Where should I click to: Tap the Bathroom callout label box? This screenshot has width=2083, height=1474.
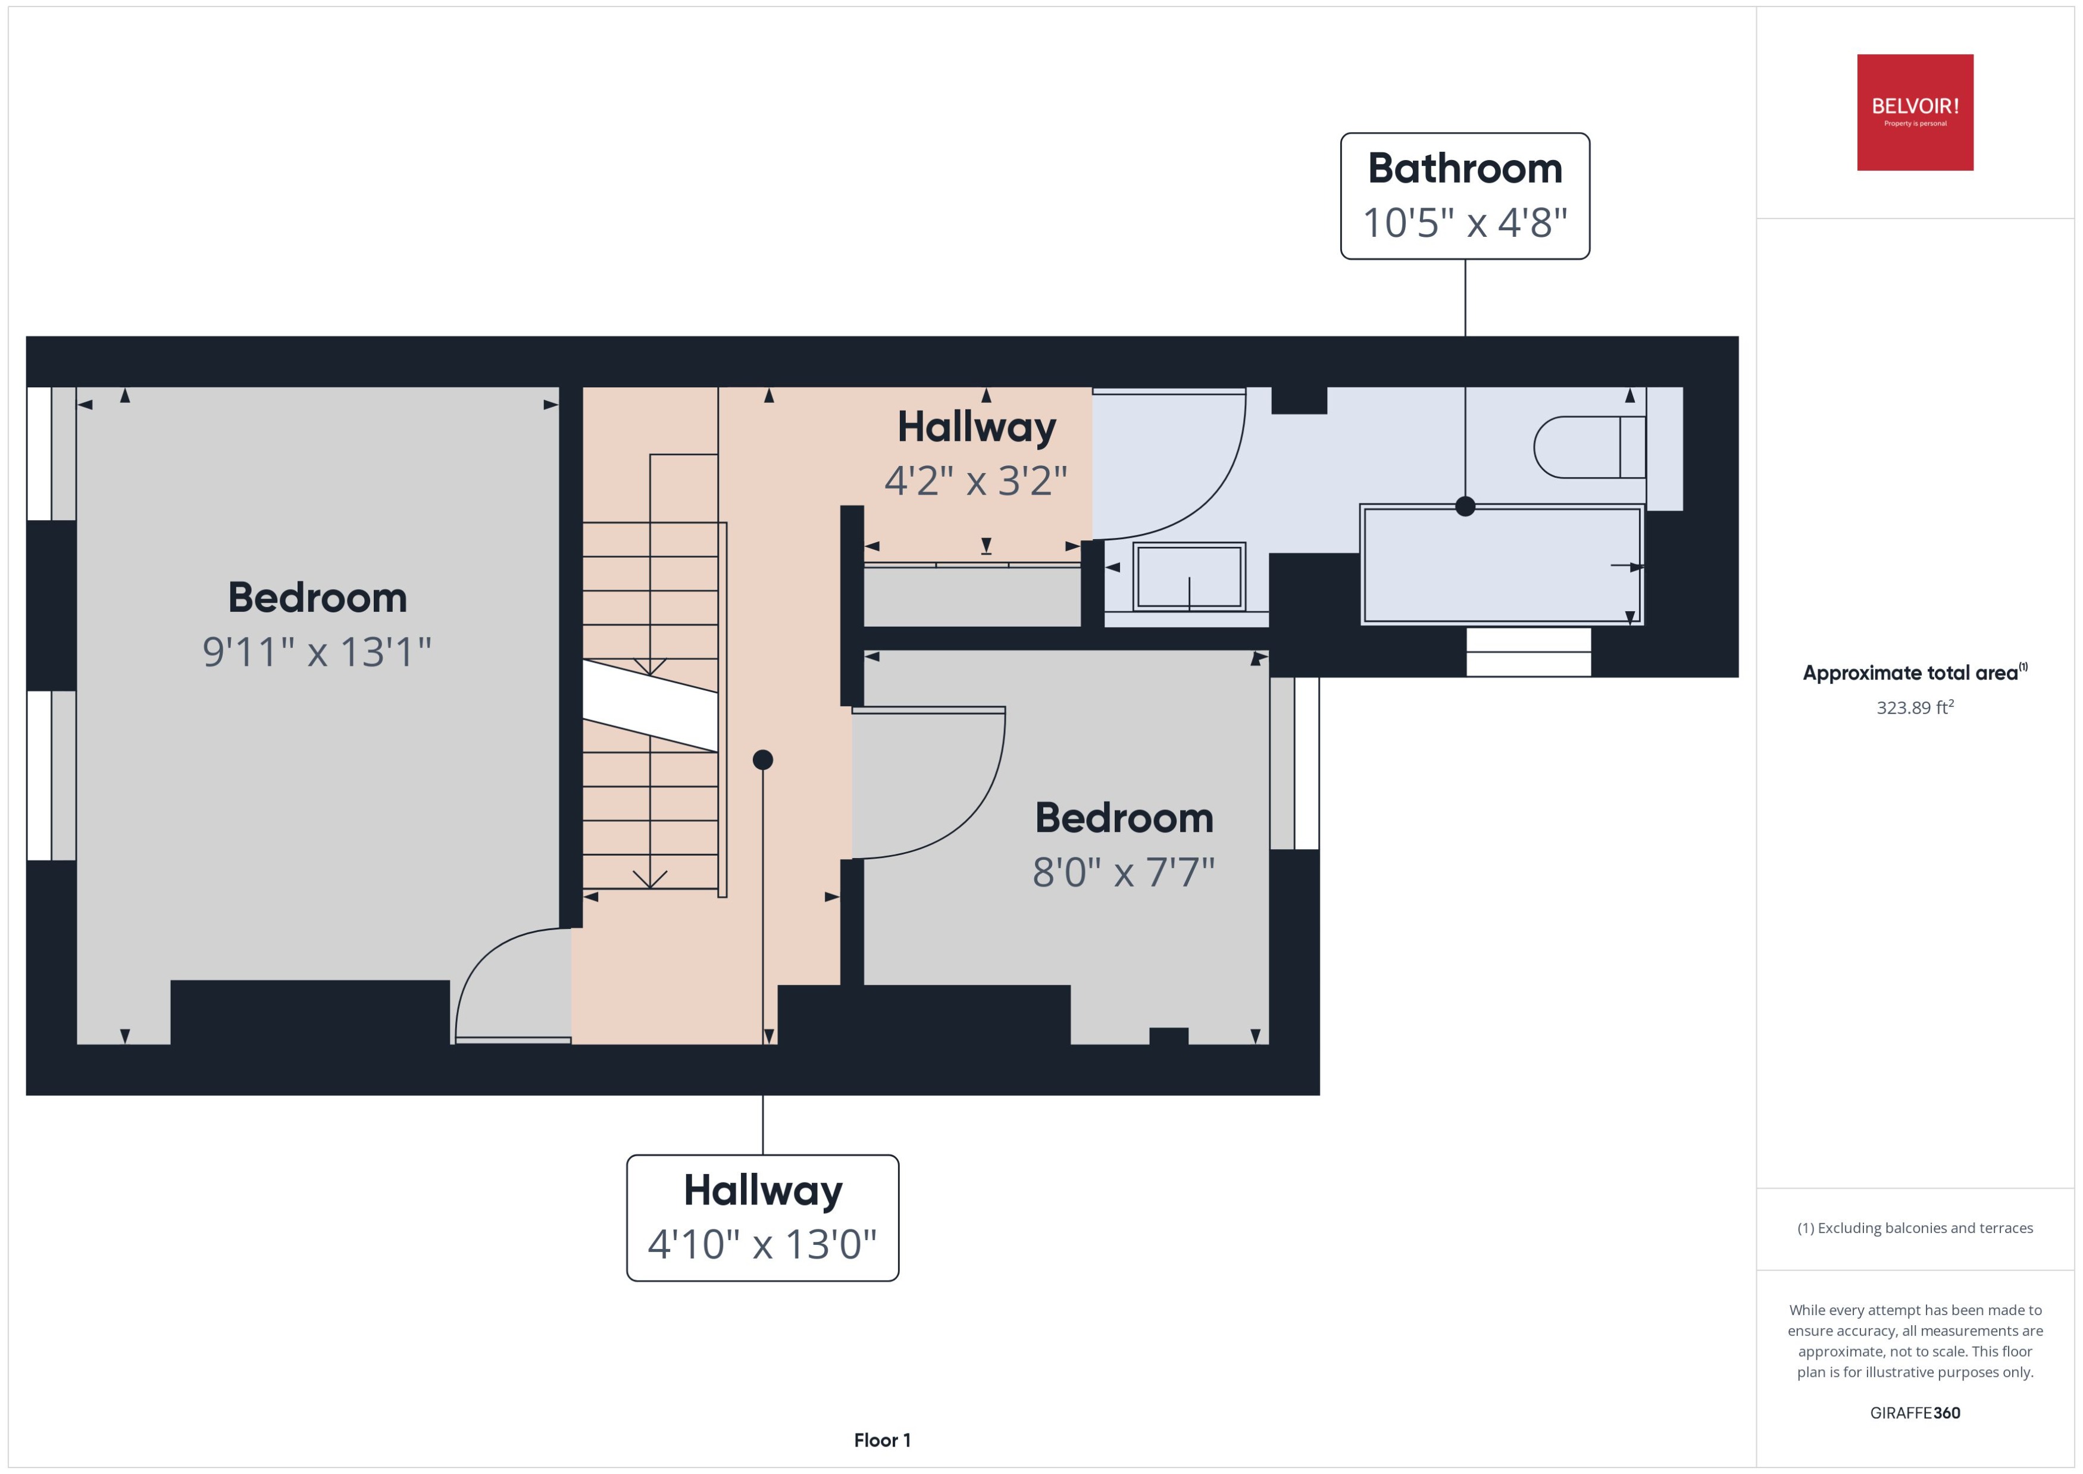[x=1464, y=195]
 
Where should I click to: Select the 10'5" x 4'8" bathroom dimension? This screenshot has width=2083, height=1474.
[x=1464, y=223]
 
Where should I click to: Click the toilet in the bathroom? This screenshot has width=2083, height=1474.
[x=1588, y=446]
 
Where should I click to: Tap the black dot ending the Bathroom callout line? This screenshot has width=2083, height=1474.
[x=1464, y=506]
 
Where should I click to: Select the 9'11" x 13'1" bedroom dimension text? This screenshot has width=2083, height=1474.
[x=316, y=652]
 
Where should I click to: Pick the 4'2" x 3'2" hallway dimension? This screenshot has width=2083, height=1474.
[x=975, y=480]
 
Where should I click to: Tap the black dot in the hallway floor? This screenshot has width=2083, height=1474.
[x=762, y=760]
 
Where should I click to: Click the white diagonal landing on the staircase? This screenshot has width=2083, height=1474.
[x=650, y=705]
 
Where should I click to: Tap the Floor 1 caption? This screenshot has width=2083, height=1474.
[x=881, y=1439]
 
